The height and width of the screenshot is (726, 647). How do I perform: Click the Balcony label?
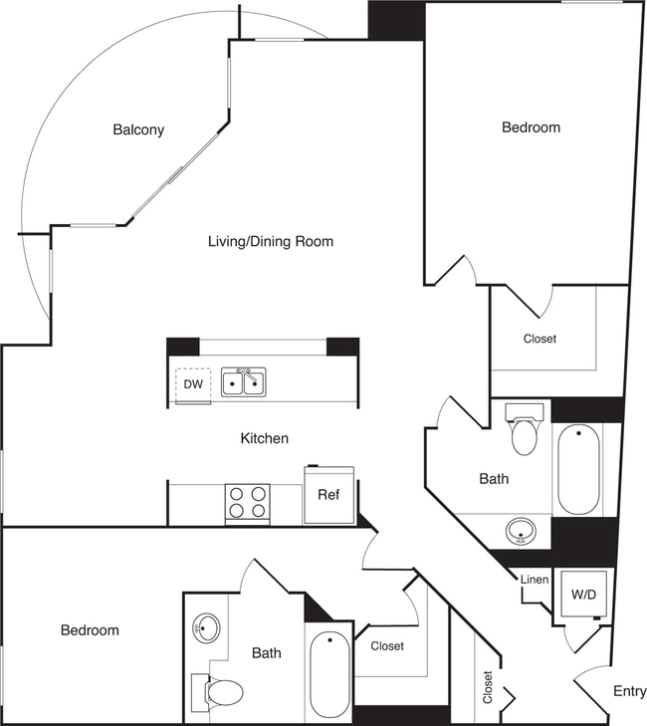[138, 130]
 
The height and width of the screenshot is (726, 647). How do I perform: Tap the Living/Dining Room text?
[270, 241]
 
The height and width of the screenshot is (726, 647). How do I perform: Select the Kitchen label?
[264, 438]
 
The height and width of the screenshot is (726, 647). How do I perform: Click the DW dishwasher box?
[192, 384]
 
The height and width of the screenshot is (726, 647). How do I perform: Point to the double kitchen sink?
[243, 381]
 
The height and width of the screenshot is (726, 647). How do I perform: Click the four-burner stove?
[247, 503]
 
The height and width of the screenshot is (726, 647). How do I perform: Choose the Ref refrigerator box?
[328, 495]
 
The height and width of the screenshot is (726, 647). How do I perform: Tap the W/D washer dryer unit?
[583, 596]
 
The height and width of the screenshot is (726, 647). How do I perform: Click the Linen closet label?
[534, 581]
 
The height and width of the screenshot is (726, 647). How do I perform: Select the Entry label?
[629, 691]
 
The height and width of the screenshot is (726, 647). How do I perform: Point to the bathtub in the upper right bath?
[577, 469]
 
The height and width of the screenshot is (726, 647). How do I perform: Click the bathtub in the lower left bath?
[329, 675]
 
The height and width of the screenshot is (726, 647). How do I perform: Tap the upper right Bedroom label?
[531, 127]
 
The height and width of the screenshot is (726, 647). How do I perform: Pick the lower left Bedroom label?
[90, 630]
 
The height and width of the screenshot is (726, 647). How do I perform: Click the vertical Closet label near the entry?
[487, 687]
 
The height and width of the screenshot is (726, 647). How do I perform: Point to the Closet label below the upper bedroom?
[539, 339]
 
